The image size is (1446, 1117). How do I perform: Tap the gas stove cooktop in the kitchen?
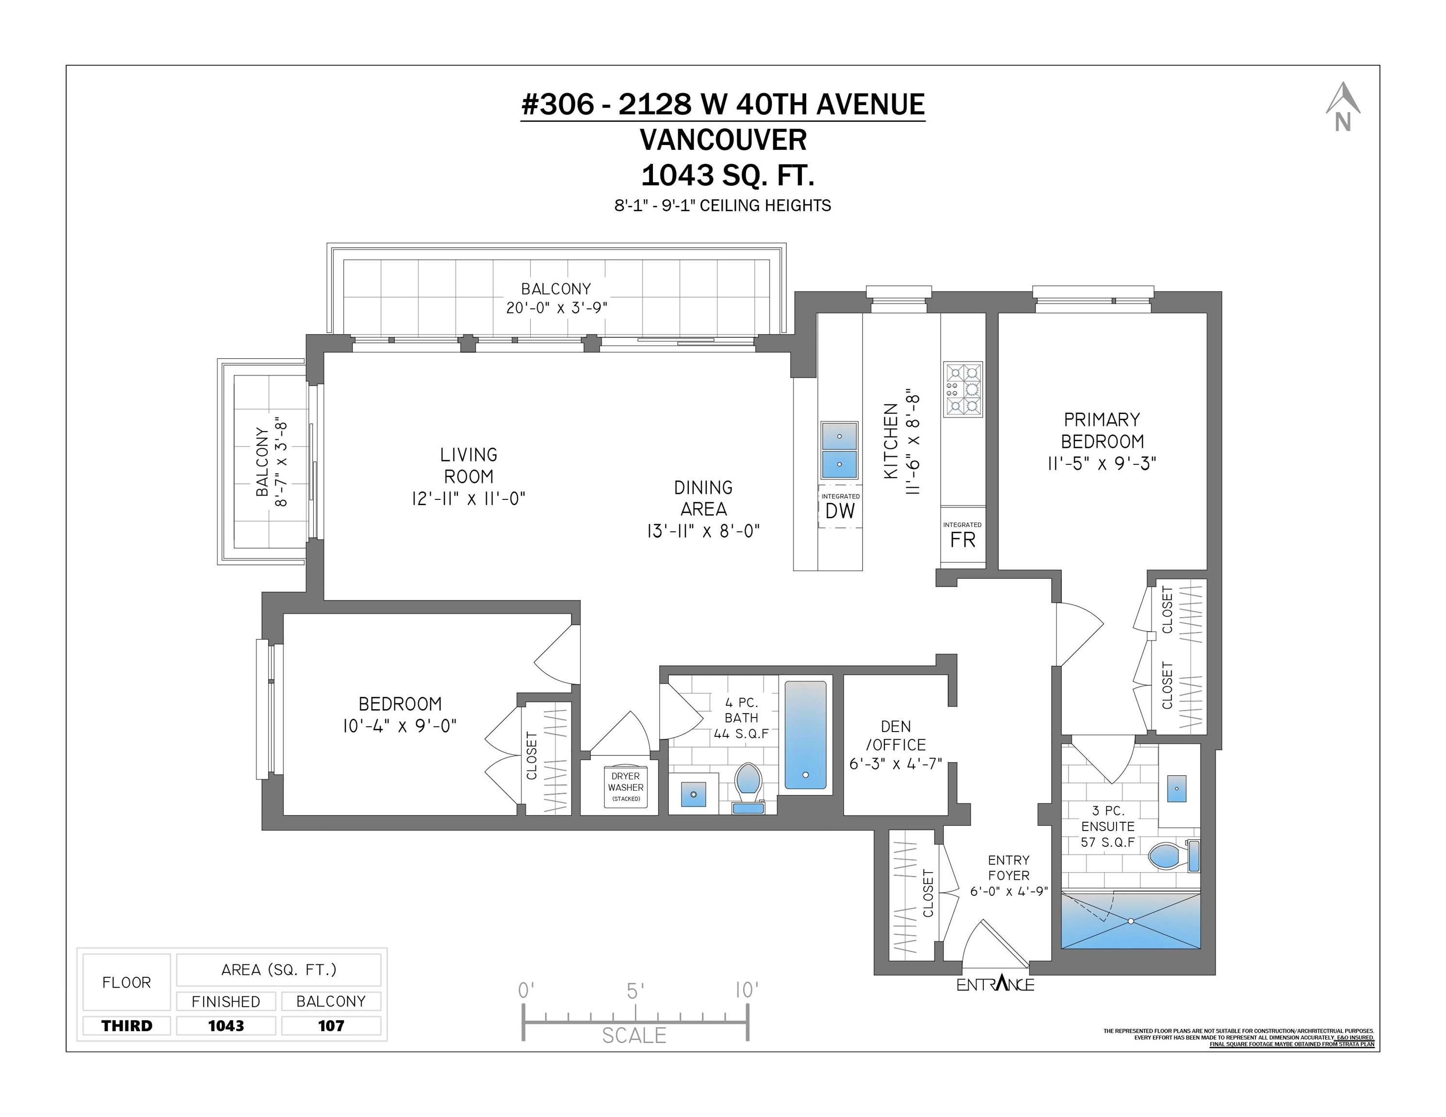click(x=963, y=389)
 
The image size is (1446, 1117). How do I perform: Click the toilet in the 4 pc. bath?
click(x=749, y=788)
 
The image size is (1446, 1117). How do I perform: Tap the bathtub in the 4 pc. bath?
click(x=806, y=735)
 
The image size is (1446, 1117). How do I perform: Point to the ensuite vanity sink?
click(x=1176, y=788)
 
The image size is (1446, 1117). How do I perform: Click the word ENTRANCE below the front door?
click(x=995, y=984)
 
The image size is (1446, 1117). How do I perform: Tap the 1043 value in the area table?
click(x=226, y=1026)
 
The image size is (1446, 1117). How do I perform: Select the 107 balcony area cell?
click(x=331, y=1026)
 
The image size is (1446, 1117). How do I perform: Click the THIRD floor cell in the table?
click(x=127, y=1026)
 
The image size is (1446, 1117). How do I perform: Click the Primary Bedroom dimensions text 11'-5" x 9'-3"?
click(x=1102, y=463)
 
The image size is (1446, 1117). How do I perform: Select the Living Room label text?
click(x=469, y=465)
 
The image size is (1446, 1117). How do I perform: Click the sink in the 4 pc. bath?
click(x=693, y=794)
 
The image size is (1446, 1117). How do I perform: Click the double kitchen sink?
click(x=840, y=451)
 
